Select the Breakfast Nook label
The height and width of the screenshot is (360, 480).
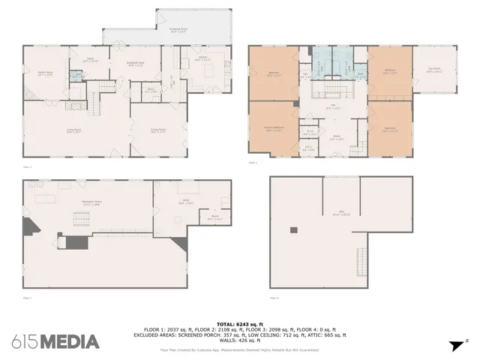[135, 64]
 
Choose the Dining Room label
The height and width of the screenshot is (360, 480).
[157, 130]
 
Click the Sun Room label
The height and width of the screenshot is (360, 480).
[434, 71]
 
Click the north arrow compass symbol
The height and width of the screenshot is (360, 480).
[454, 344]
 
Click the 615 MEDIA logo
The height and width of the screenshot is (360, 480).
[55, 342]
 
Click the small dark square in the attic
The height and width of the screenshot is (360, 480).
[295, 230]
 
